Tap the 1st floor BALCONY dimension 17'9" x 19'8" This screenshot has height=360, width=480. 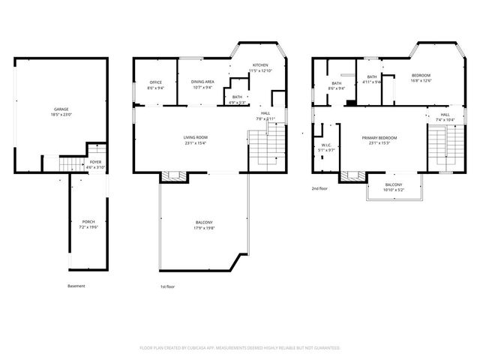[204, 227]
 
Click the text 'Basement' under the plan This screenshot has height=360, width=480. [76, 286]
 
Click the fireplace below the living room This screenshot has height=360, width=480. [172, 177]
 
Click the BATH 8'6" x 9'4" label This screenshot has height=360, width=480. [337, 85]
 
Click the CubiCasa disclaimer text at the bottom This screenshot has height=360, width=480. [240, 348]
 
